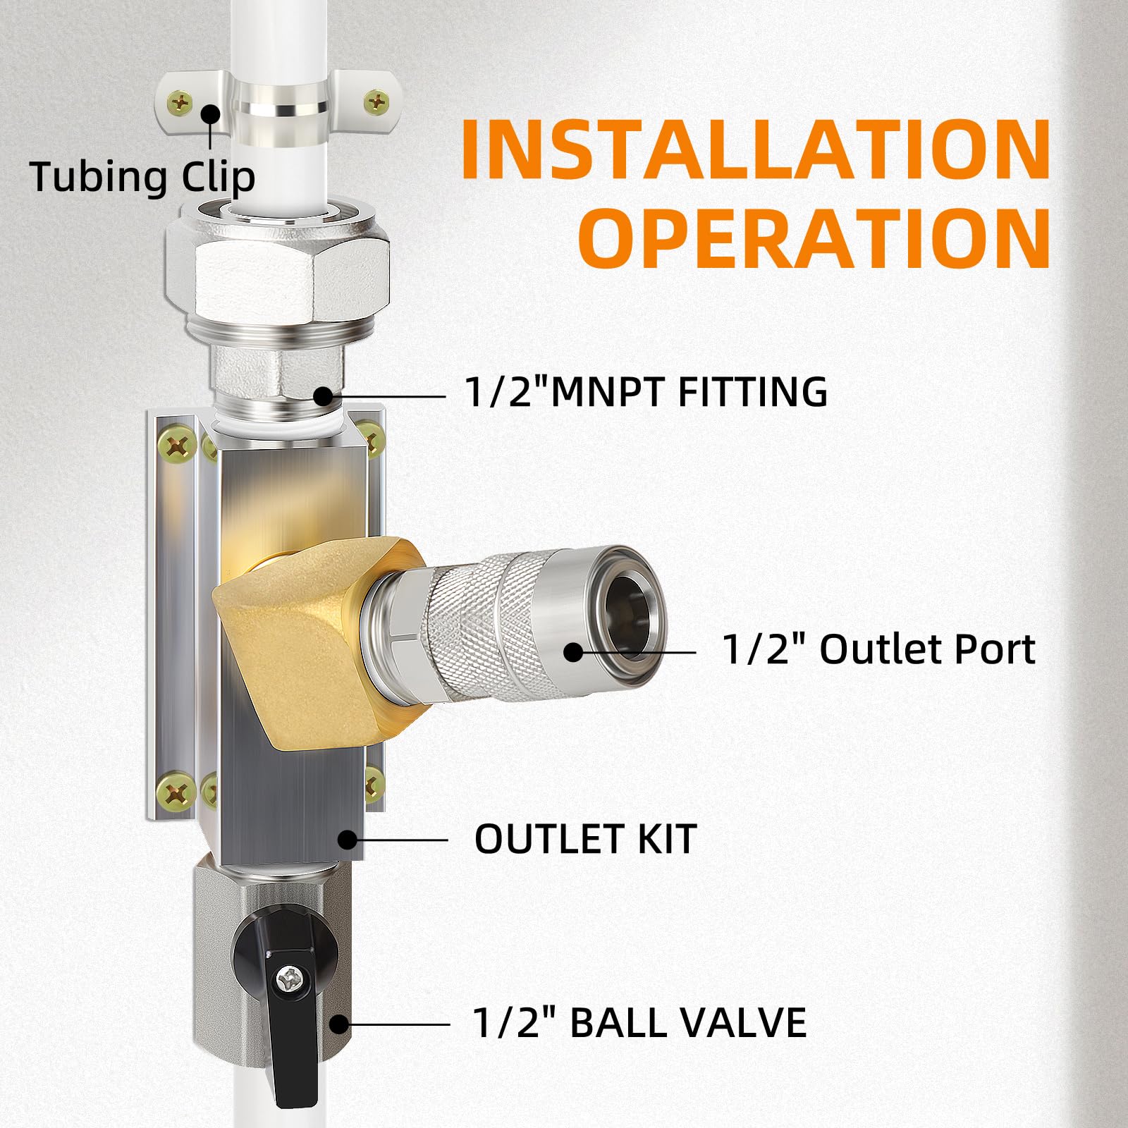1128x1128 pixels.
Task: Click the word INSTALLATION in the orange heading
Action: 756,150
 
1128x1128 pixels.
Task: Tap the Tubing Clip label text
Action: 142,177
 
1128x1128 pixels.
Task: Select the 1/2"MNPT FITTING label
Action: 646,392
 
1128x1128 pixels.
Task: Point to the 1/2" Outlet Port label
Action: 878,649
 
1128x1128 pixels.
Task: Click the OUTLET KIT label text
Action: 585,839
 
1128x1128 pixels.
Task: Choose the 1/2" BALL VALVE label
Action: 639,1023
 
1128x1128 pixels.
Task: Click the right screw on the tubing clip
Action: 376,104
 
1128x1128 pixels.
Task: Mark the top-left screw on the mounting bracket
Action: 176,444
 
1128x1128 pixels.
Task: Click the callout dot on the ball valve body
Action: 340,1024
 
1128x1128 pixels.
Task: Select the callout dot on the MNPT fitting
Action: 323,396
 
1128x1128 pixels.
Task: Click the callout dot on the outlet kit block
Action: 347,840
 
